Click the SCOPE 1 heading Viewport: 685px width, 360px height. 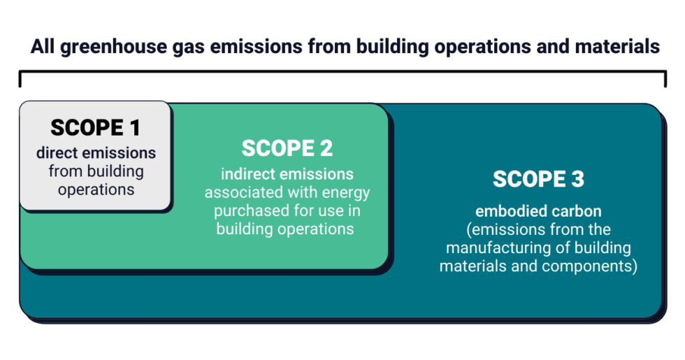[x=95, y=128]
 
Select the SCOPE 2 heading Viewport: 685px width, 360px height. [x=287, y=148]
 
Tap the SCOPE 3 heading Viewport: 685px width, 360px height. [x=538, y=179]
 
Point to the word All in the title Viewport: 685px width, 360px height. [x=42, y=47]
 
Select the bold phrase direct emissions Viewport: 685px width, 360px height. [x=96, y=153]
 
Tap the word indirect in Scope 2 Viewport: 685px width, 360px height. [x=249, y=174]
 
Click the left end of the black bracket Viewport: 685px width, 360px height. [x=21, y=78]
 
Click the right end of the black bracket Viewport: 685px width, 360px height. [x=665, y=78]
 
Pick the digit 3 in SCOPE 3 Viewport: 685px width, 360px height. [x=576, y=179]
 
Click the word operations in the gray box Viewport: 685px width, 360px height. [x=96, y=189]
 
